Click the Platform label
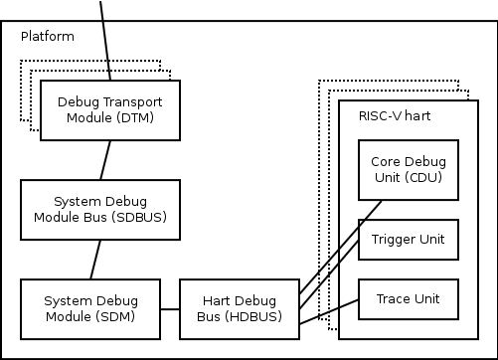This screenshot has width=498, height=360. (x=48, y=37)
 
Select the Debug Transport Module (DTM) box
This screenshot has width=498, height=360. (x=109, y=109)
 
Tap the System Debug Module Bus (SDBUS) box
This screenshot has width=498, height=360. (x=99, y=209)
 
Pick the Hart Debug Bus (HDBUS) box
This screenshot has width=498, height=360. (x=239, y=308)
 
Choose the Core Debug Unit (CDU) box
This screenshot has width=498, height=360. (x=408, y=169)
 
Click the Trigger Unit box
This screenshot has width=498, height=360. (x=408, y=240)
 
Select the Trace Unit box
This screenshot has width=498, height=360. (x=408, y=299)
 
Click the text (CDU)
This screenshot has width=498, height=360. (x=423, y=177)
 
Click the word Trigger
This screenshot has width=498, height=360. (x=394, y=240)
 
